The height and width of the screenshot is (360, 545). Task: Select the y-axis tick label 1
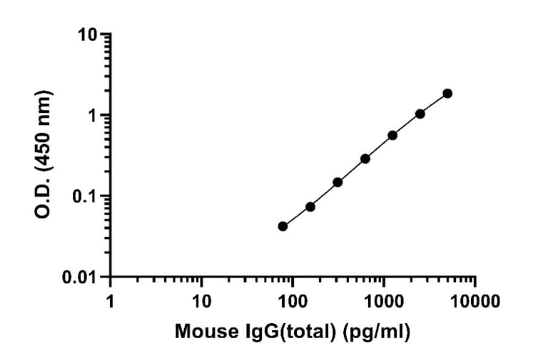(94, 116)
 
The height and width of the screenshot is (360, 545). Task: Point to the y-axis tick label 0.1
(86, 196)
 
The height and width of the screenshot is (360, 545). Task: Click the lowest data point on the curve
(283, 226)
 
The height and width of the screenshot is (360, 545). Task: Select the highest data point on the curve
(448, 93)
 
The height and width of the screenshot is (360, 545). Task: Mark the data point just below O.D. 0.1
(310, 207)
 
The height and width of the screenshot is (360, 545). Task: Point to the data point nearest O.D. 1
(420, 114)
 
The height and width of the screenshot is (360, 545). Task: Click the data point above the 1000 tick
(392, 135)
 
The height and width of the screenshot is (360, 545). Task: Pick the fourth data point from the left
(365, 159)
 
